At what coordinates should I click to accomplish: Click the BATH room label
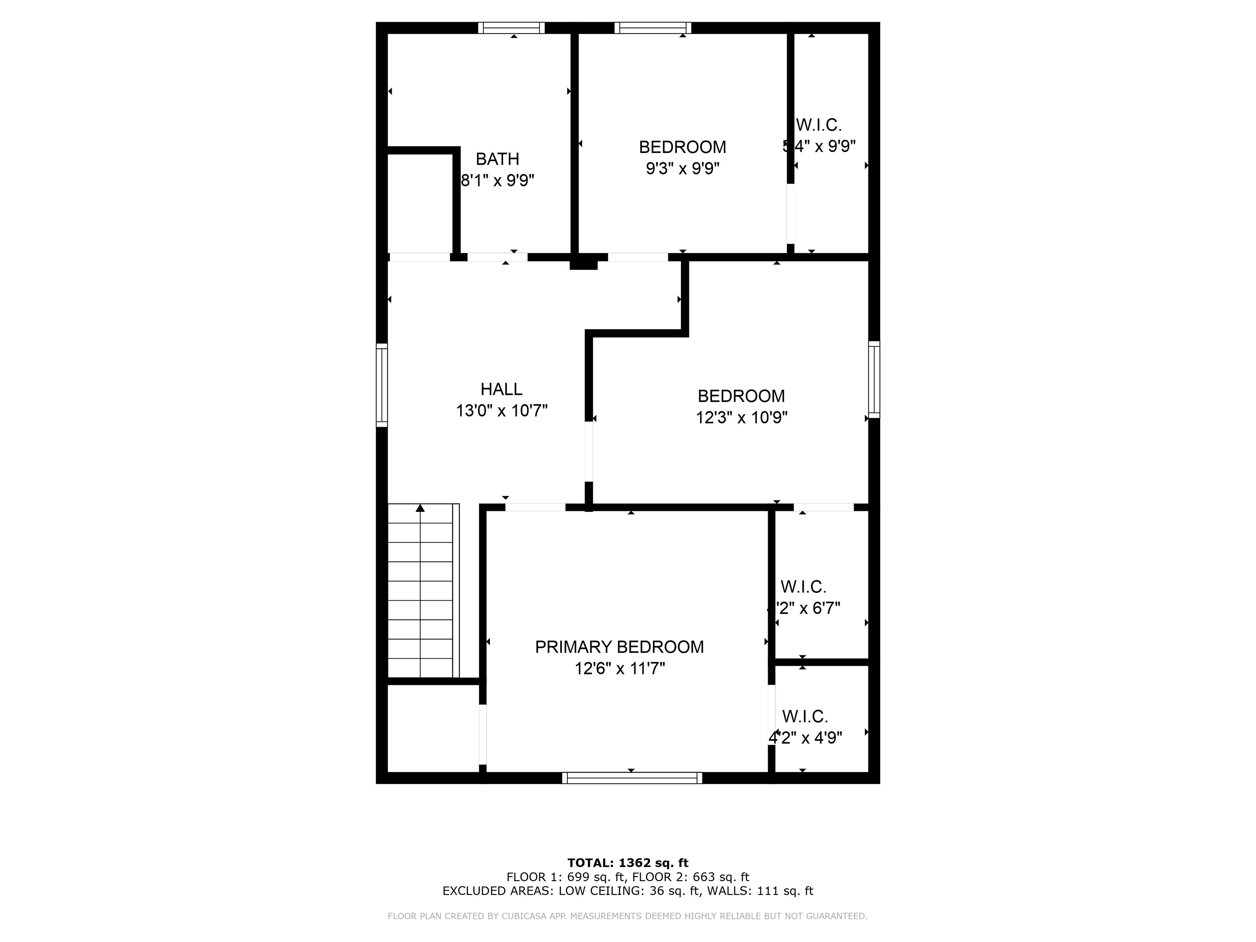click(x=498, y=159)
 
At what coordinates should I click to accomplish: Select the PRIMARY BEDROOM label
click(x=619, y=647)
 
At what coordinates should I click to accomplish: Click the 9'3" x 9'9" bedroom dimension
click(x=682, y=168)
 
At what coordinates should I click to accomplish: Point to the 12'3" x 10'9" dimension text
click(x=742, y=417)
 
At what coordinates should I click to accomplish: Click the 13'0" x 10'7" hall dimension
click(x=501, y=410)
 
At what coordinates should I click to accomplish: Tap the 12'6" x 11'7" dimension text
click(x=619, y=668)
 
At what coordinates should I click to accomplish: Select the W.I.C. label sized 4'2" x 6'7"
click(x=803, y=587)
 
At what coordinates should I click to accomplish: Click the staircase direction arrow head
click(x=420, y=508)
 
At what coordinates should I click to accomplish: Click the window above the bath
click(x=511, y=28)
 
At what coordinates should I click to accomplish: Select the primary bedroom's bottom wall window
click(x=632, y=778)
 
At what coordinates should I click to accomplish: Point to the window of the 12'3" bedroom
click(x=875, y=379)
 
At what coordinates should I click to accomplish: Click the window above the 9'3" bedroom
click(x=653, y=28)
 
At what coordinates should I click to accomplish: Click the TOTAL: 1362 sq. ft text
click(x=628, y=863)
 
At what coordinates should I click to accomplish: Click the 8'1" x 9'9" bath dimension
click(x=498, y=181)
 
